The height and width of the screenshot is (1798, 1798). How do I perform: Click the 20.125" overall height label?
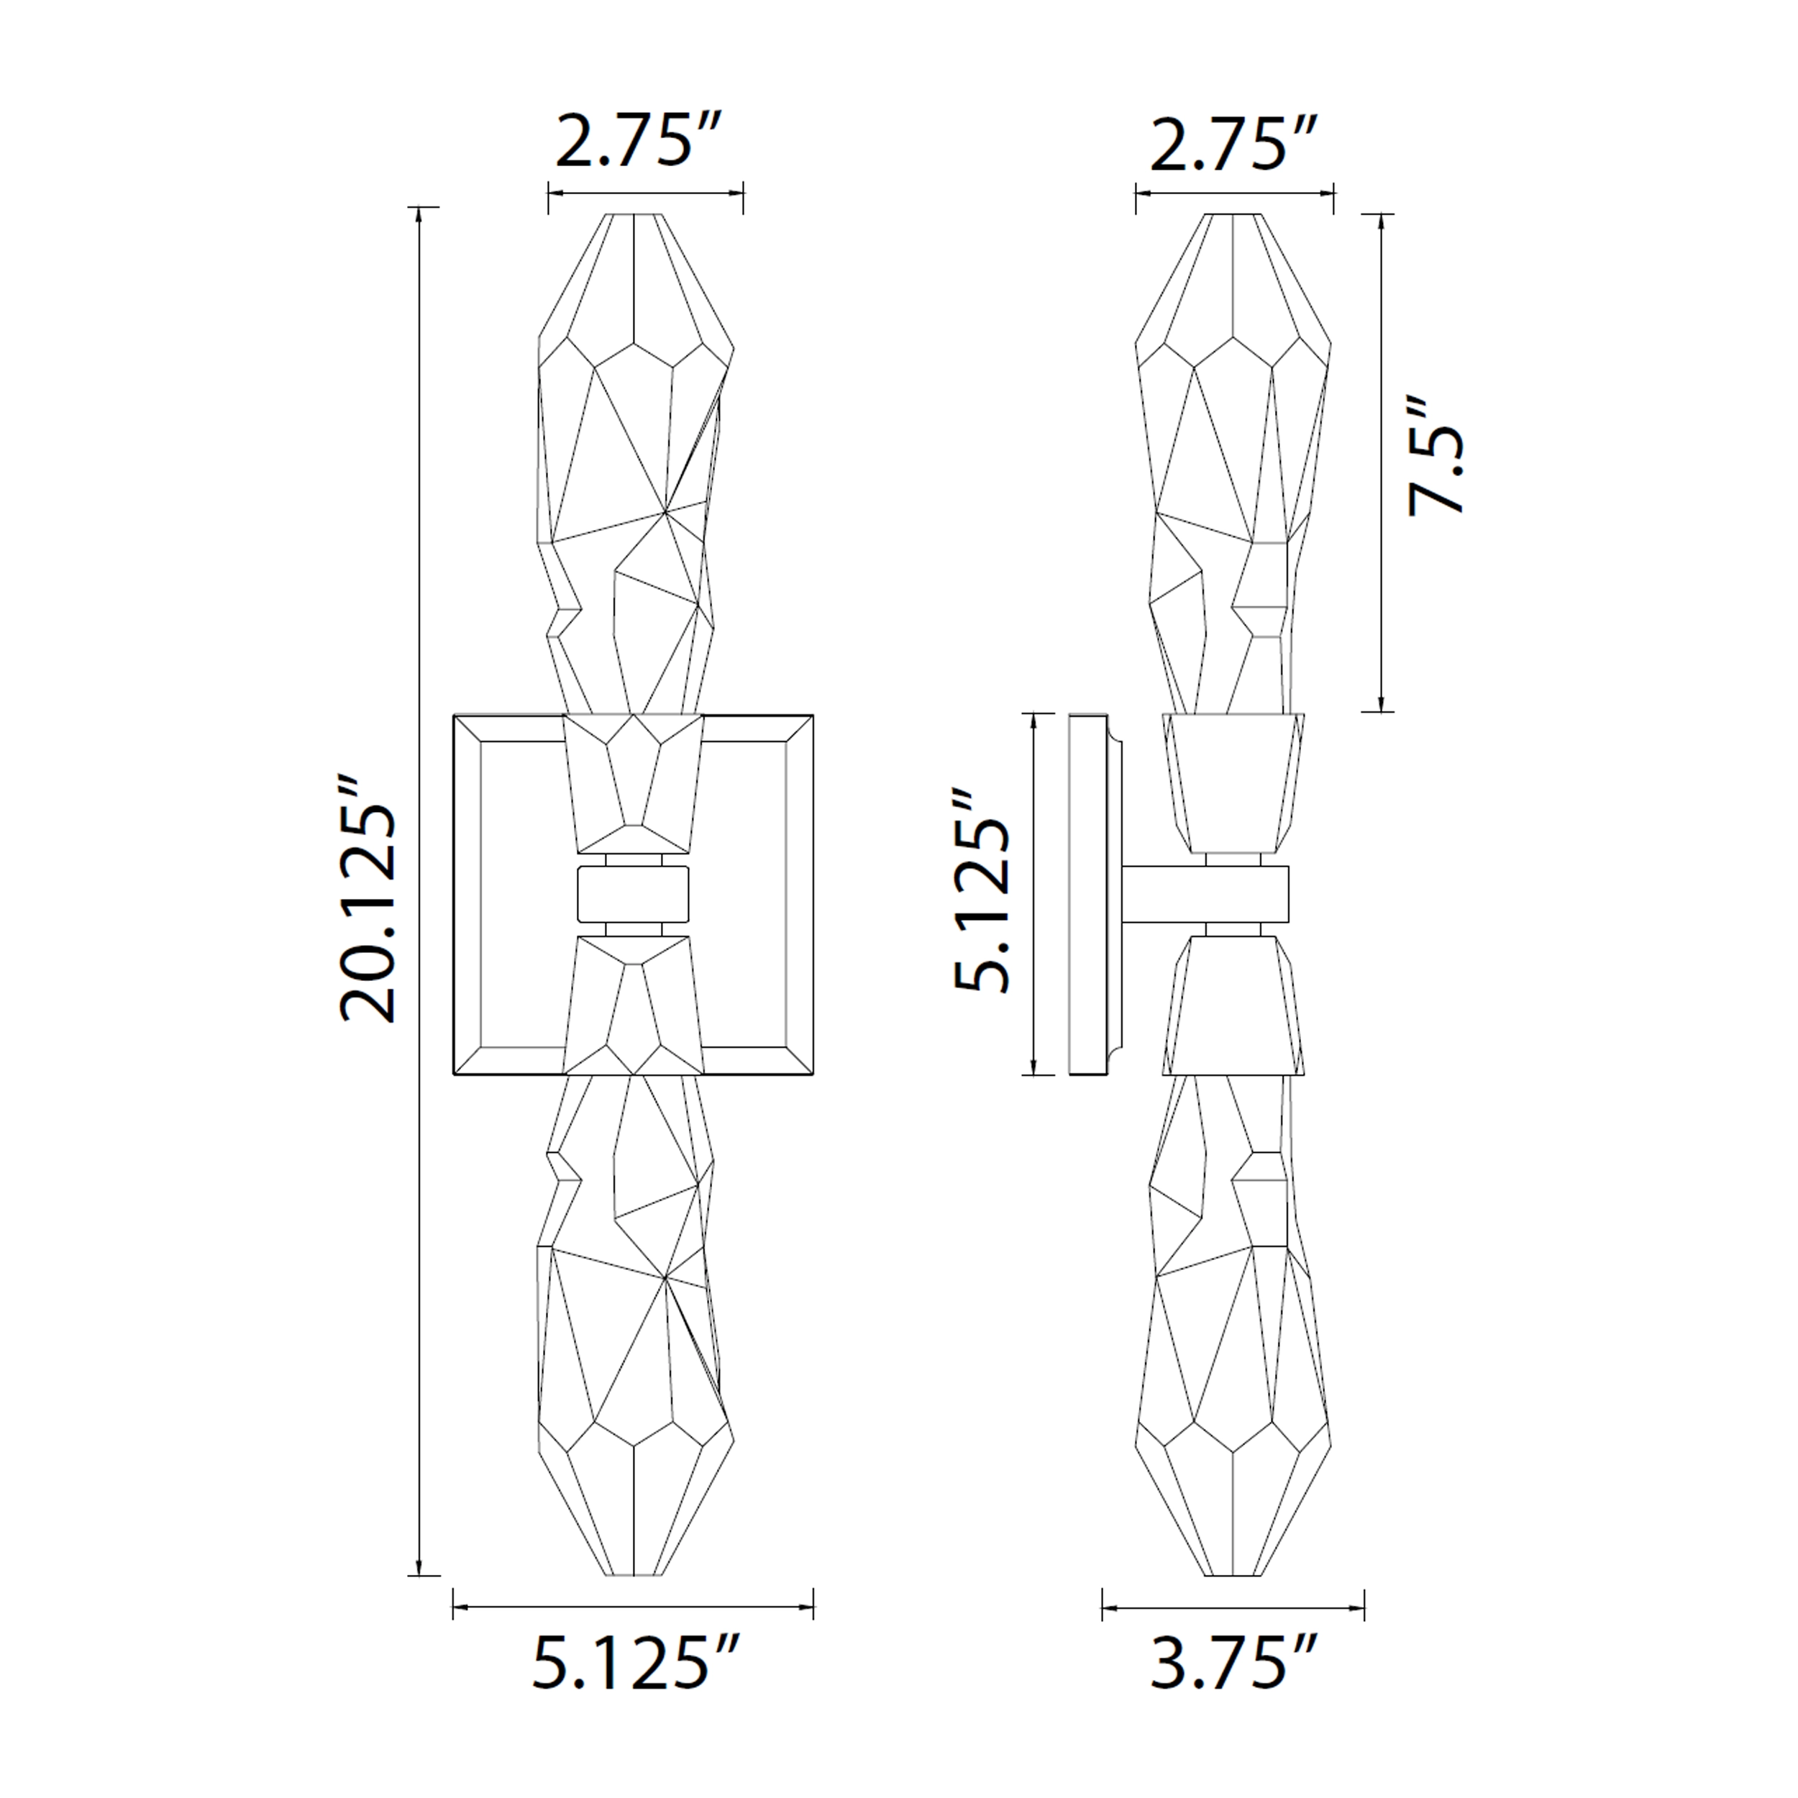point(368,901)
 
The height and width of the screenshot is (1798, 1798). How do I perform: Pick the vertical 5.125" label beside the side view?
point(981,893)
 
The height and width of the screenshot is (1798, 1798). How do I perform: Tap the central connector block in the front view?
point(633,893)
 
